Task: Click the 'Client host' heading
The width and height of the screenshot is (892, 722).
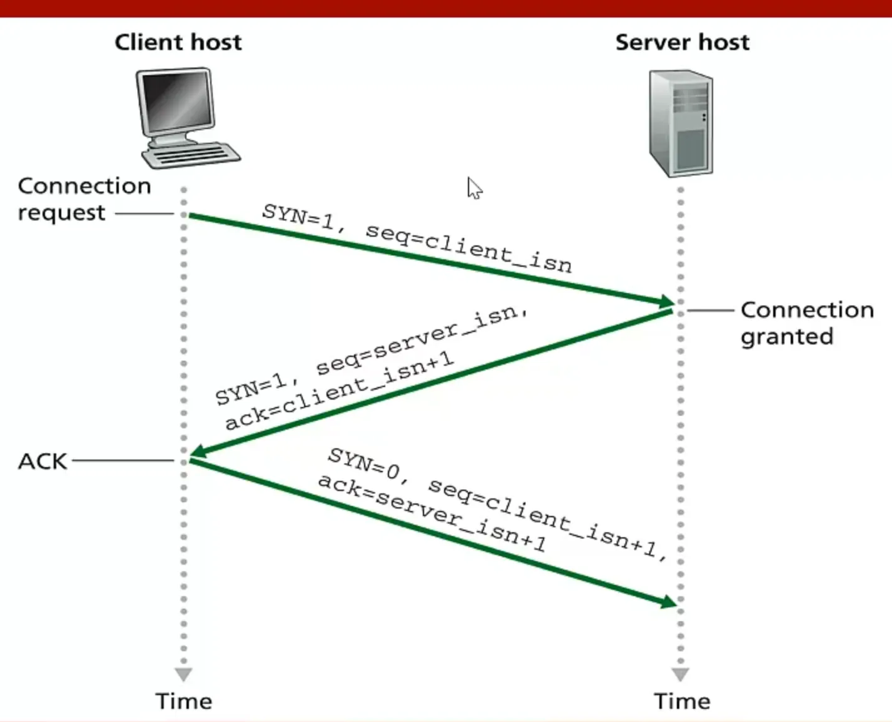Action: pos(178,42)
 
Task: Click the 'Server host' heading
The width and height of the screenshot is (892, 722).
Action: pos(682,42)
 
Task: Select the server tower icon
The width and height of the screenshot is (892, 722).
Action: pos(681,123)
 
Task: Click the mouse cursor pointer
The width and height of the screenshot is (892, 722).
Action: pos(474,187)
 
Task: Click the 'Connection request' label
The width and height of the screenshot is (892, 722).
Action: pos(84,199)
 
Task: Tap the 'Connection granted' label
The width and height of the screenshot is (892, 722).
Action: pos(806,322)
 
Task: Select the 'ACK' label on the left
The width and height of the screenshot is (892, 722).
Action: pos(42,462)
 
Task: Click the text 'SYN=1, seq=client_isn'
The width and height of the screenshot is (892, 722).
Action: pos(417,239)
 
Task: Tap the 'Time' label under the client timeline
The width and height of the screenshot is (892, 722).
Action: pos(183,701)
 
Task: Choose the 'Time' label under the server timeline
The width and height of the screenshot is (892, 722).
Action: pos(682,701)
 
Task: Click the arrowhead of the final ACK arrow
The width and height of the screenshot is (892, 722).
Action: pos(669,602)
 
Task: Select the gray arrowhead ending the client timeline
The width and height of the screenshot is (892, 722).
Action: pos(183,674)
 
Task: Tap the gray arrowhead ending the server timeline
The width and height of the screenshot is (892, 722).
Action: pos(681,674)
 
